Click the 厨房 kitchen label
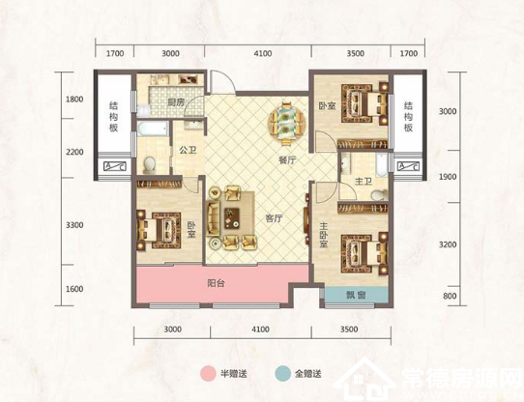click(x=176, y=102)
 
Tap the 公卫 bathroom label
click(x=188, y=151)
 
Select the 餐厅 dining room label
click(x=287, y=160)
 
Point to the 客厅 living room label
click(x=274, y=219)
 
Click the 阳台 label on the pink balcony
click(x=217, y=284)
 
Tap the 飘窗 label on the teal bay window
click(x=356, y=295)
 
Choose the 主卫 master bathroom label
click(x=364, y=182)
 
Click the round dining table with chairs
click(x=286, y=123)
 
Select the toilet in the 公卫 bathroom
click(x=149, y=165)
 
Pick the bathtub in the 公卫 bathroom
click(x=153, y=129)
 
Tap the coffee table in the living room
click(x=233, y=218)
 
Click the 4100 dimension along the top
click(x=263, y=53)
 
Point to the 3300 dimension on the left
click(x=74, y=225)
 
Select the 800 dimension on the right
click(x=451, y=296)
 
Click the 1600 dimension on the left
click(x=74, y=289)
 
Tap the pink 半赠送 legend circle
click(x=208, y=373)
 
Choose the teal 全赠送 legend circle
click(x=282, y=373)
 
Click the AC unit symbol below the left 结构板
click(x=115, y=166)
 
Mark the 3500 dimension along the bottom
click(x=349, y=330)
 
